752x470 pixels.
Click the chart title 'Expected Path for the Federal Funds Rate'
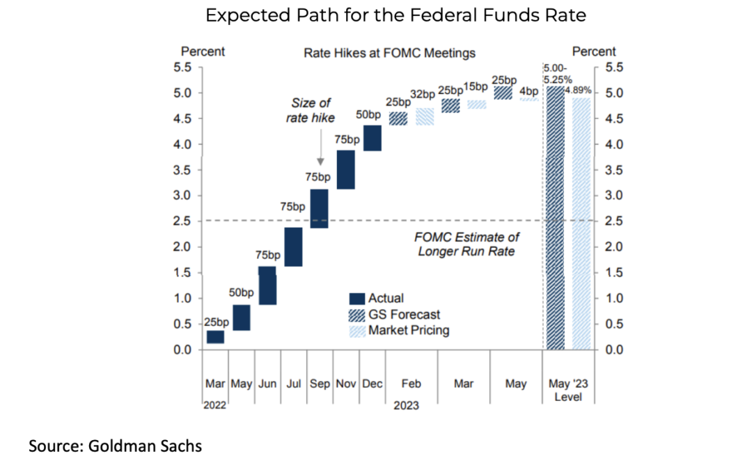(395, 16)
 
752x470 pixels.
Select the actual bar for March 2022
(216, 337)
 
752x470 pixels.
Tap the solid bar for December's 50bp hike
(373, 138)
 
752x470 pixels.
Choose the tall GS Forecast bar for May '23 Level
(555, 218)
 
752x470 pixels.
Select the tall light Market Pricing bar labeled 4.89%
(581, 223)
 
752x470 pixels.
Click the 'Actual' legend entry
(385, 299)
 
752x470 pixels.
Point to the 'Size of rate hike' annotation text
(311, 111)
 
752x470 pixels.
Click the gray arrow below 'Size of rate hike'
(319, 149)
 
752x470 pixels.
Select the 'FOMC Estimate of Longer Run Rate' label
(467, 244)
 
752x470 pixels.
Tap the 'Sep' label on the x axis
(320, 384)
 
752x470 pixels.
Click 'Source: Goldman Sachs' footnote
(116, 446)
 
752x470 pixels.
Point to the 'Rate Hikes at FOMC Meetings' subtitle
(389, 53)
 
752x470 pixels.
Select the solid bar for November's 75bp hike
(346, 169)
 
